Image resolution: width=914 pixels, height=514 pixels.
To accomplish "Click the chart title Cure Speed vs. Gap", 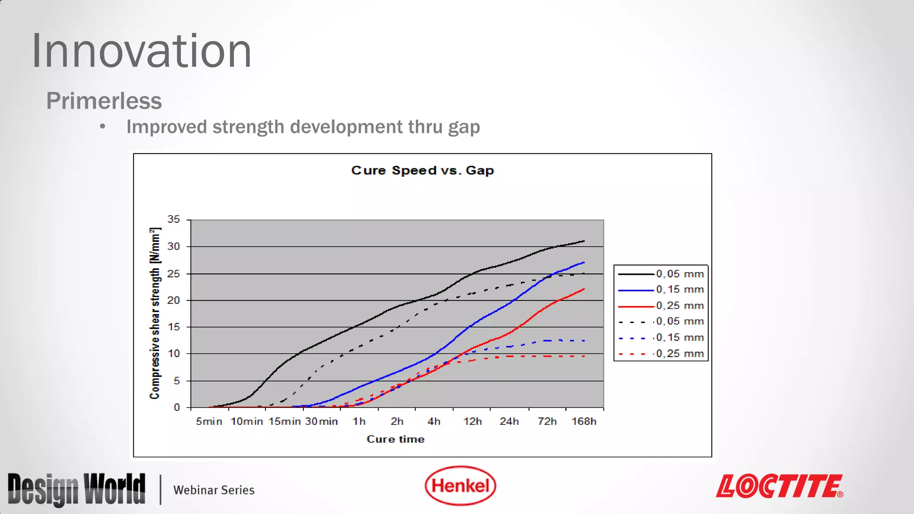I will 422,170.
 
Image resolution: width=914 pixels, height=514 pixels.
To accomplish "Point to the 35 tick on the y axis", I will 174,219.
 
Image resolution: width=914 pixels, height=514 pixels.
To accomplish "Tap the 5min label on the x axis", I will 209,421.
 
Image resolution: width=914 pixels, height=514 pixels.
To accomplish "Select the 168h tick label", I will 584,421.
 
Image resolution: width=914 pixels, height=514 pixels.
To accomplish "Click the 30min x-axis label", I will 321,421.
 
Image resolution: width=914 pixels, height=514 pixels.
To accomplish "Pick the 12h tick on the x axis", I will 472,421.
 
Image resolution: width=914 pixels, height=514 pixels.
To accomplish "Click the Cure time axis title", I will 395,439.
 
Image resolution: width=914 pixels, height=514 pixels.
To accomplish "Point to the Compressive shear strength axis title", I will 154,313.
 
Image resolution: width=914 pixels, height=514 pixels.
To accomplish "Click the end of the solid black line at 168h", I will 584,241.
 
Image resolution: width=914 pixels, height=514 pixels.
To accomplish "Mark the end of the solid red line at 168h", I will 584,289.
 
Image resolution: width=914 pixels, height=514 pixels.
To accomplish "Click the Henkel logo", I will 460,485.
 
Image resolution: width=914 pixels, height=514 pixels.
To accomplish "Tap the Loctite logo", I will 779,486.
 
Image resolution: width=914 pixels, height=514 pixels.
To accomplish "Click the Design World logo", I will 76,489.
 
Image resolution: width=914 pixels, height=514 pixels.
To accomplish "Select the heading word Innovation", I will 141,51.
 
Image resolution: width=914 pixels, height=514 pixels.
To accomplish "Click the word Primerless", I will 104,101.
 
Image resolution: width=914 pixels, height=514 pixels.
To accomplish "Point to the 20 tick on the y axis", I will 174,300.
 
